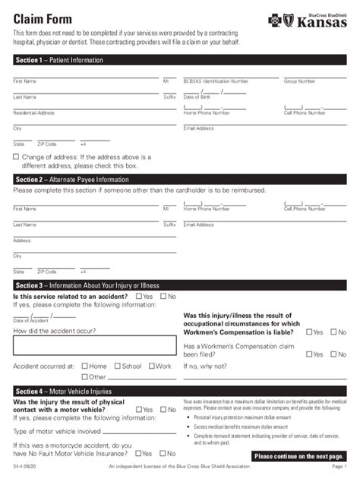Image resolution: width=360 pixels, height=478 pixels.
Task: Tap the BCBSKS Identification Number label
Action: coord(216,80)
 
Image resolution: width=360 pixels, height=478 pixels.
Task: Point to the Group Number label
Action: coord(301,80)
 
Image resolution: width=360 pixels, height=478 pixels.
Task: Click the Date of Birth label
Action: coord(197,97)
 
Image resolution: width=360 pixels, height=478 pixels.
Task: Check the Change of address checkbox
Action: coord(16,157)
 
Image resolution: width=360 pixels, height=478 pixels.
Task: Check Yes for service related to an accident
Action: coord(138,296)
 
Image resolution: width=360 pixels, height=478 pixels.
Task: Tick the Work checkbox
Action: coord(151,366)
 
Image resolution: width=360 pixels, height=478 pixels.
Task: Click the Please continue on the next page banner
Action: coord(300,456)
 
